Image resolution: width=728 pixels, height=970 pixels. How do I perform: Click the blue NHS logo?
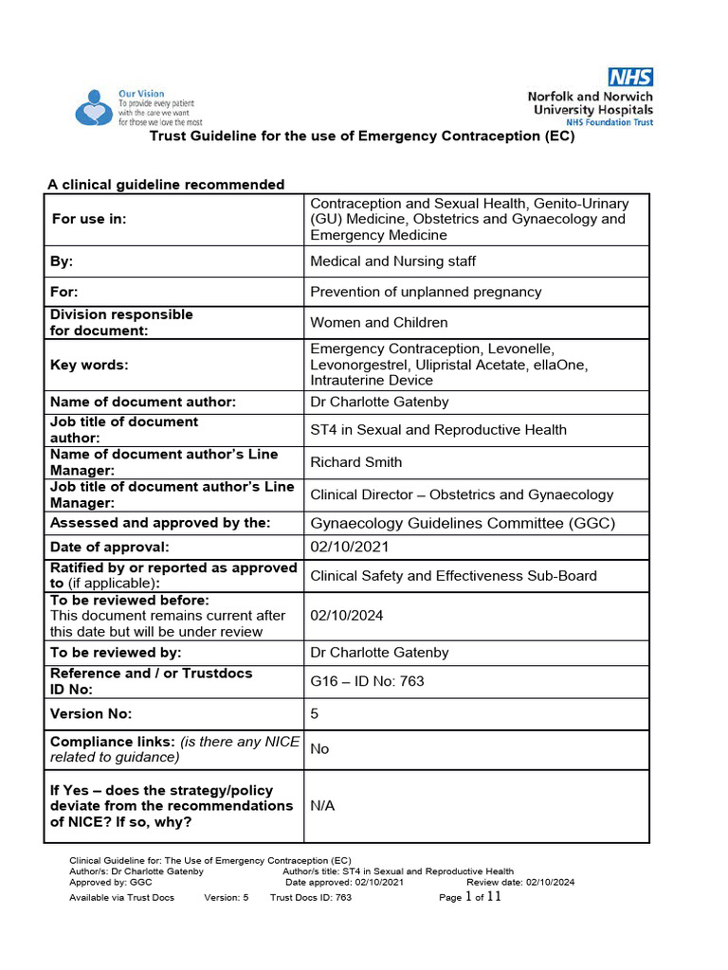coord(630,77)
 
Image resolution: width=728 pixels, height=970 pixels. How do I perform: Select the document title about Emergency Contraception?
coord(363,136)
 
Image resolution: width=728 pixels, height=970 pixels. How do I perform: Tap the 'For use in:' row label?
coord(89,219)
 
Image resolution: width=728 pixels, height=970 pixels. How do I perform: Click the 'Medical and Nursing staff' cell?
coord(393,261)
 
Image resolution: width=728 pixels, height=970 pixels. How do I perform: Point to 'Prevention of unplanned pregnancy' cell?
coord(426,292)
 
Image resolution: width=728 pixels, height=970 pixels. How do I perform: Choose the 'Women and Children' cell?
coord(379,322)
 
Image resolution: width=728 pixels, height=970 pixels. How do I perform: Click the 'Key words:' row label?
coord(89,365)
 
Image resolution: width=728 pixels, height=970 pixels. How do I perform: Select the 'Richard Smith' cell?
coord(356,462)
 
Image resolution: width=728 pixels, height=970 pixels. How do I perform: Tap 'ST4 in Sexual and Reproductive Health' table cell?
coord(438,430)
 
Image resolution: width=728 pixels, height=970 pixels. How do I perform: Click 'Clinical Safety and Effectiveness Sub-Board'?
coord(454,576)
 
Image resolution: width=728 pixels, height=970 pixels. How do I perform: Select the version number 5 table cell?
coord(315,714)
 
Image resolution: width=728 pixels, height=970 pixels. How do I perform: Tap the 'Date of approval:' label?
coord(109,547)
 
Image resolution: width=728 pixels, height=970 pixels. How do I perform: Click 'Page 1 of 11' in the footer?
coord(470,897)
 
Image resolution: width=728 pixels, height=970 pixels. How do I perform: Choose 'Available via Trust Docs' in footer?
coord(121,898)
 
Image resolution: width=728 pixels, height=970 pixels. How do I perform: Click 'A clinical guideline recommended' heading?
coord(166,185)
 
